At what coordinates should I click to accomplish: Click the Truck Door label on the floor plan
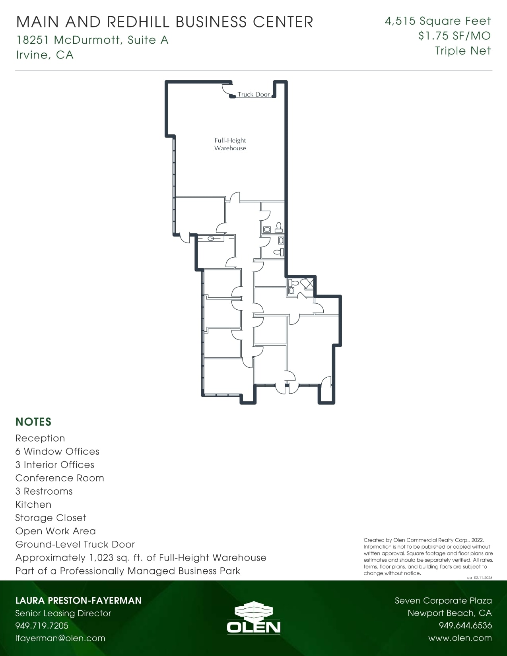pos(253,95)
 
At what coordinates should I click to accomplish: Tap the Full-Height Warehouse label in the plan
pos(230,144)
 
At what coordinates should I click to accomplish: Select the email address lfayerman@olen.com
pos(60,638)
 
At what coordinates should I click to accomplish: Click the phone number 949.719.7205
pos(42,625)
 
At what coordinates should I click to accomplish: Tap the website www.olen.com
pos(460,638)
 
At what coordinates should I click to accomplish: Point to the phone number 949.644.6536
pos(465,625)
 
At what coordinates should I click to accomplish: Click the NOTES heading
pos(33,422)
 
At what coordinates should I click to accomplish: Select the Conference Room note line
pos(60,478)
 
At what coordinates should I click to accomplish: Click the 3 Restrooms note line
pos(44,491)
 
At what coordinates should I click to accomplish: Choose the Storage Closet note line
pos(51,518)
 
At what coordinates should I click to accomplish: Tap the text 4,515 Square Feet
pos(437,21)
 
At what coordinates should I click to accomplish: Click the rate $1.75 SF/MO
pos(454,36)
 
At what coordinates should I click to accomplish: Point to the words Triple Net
pos(462,51)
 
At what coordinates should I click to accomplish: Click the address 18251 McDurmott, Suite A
pos(92,40)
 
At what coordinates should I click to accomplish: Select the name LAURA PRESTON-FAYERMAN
pos(78,600)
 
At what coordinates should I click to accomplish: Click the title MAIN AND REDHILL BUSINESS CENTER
pos(165,22)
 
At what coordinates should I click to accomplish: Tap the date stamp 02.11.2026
pos(483,578)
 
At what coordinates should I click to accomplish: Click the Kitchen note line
pos(33,505)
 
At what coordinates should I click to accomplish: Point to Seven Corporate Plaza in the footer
pos(443,601)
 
